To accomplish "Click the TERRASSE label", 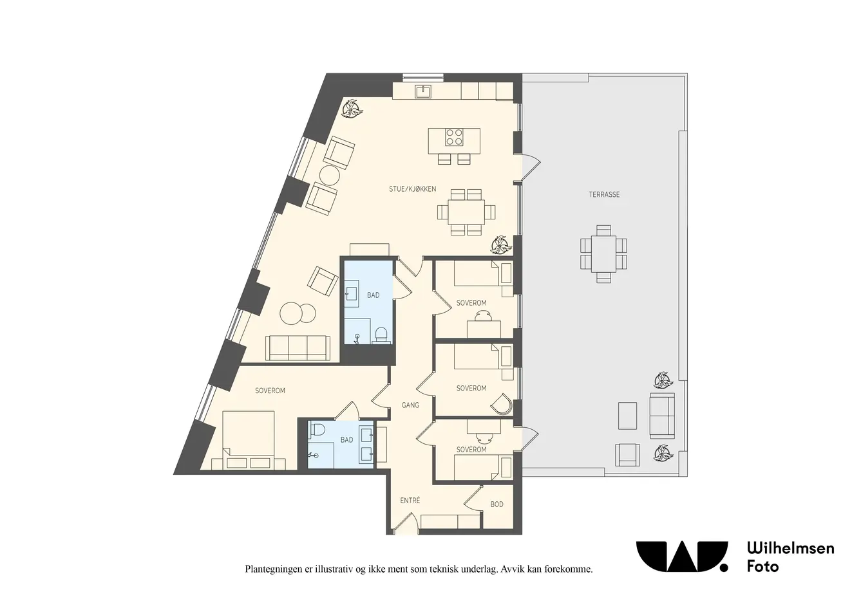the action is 604,195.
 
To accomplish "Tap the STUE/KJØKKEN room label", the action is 412,189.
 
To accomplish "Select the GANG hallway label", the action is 410,405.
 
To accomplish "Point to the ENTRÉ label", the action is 410,501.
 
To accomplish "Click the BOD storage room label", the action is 497,504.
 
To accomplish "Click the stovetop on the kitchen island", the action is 454,137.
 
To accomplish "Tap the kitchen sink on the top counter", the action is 423,92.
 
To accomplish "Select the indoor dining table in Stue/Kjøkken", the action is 466,212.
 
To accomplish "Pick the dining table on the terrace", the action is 603,254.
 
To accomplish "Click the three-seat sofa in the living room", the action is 298,348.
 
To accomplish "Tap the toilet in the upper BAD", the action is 381,335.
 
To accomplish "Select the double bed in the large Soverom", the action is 249,440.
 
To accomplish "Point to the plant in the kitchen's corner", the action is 352,109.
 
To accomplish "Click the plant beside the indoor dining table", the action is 502,244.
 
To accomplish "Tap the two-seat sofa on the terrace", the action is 662,416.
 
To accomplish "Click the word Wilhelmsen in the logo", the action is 791,548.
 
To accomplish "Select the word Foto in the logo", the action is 762,566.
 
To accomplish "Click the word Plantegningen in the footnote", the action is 272,569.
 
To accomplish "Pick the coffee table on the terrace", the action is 627,416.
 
